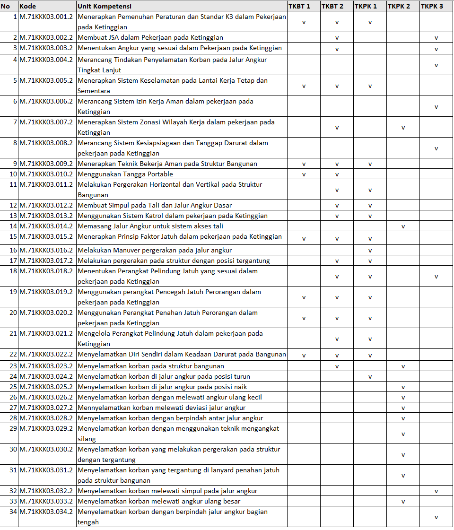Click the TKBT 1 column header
tap(299, 6)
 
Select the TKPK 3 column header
tap(432, 6)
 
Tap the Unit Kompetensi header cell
tap(105, 6)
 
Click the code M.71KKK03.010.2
tap(46, 174)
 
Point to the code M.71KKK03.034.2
tap(46, 512)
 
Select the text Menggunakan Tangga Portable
tap(125, 174)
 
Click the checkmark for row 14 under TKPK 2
tap(403, 226)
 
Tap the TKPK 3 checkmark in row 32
tap(436, 491)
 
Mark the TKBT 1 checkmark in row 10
tap(304, 174)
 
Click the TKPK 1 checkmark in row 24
tap(370, 377)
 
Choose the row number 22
tap(13, 354)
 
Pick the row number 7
tap(15, 122)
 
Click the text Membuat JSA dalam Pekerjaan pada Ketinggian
tap(150, 37)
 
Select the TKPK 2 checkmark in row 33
tap(403, 502)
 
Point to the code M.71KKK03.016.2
tap(46, 250)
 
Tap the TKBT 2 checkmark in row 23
tap(337, 366)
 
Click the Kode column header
tap(27, 6)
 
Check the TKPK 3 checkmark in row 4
tap(436, 65)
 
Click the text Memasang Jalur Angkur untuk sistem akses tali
tap(150, 226)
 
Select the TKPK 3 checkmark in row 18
tap(436, 277)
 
